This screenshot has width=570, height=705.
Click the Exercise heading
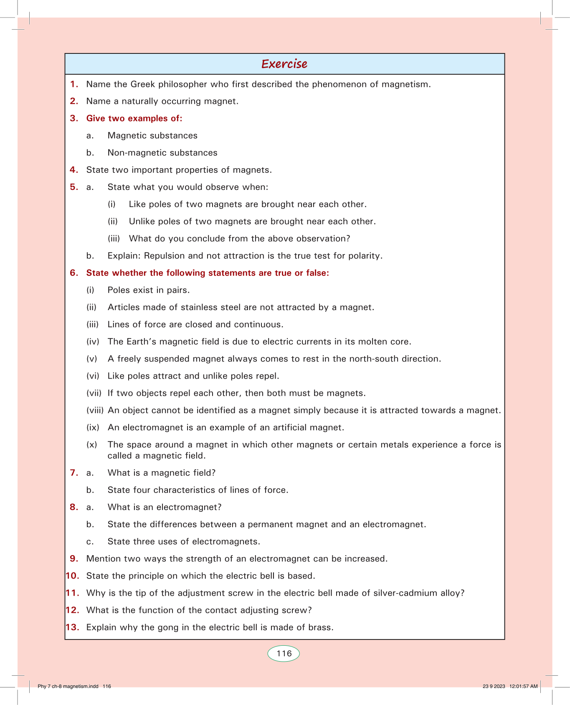tap(284, 64)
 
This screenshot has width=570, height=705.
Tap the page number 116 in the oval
tap(284, 654)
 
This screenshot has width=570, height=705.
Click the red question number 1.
tap(74, 84)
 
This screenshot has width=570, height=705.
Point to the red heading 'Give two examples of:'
tap(134, 119)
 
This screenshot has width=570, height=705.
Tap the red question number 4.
tap(74, 170)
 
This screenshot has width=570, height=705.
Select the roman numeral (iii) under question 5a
tap(114, 239)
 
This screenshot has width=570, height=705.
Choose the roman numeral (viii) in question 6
tap(95, 410)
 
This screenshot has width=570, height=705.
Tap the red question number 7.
tap(74, 473)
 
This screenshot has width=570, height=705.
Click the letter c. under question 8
tap(90, 542)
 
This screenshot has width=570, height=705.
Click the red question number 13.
tap(73, 627)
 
